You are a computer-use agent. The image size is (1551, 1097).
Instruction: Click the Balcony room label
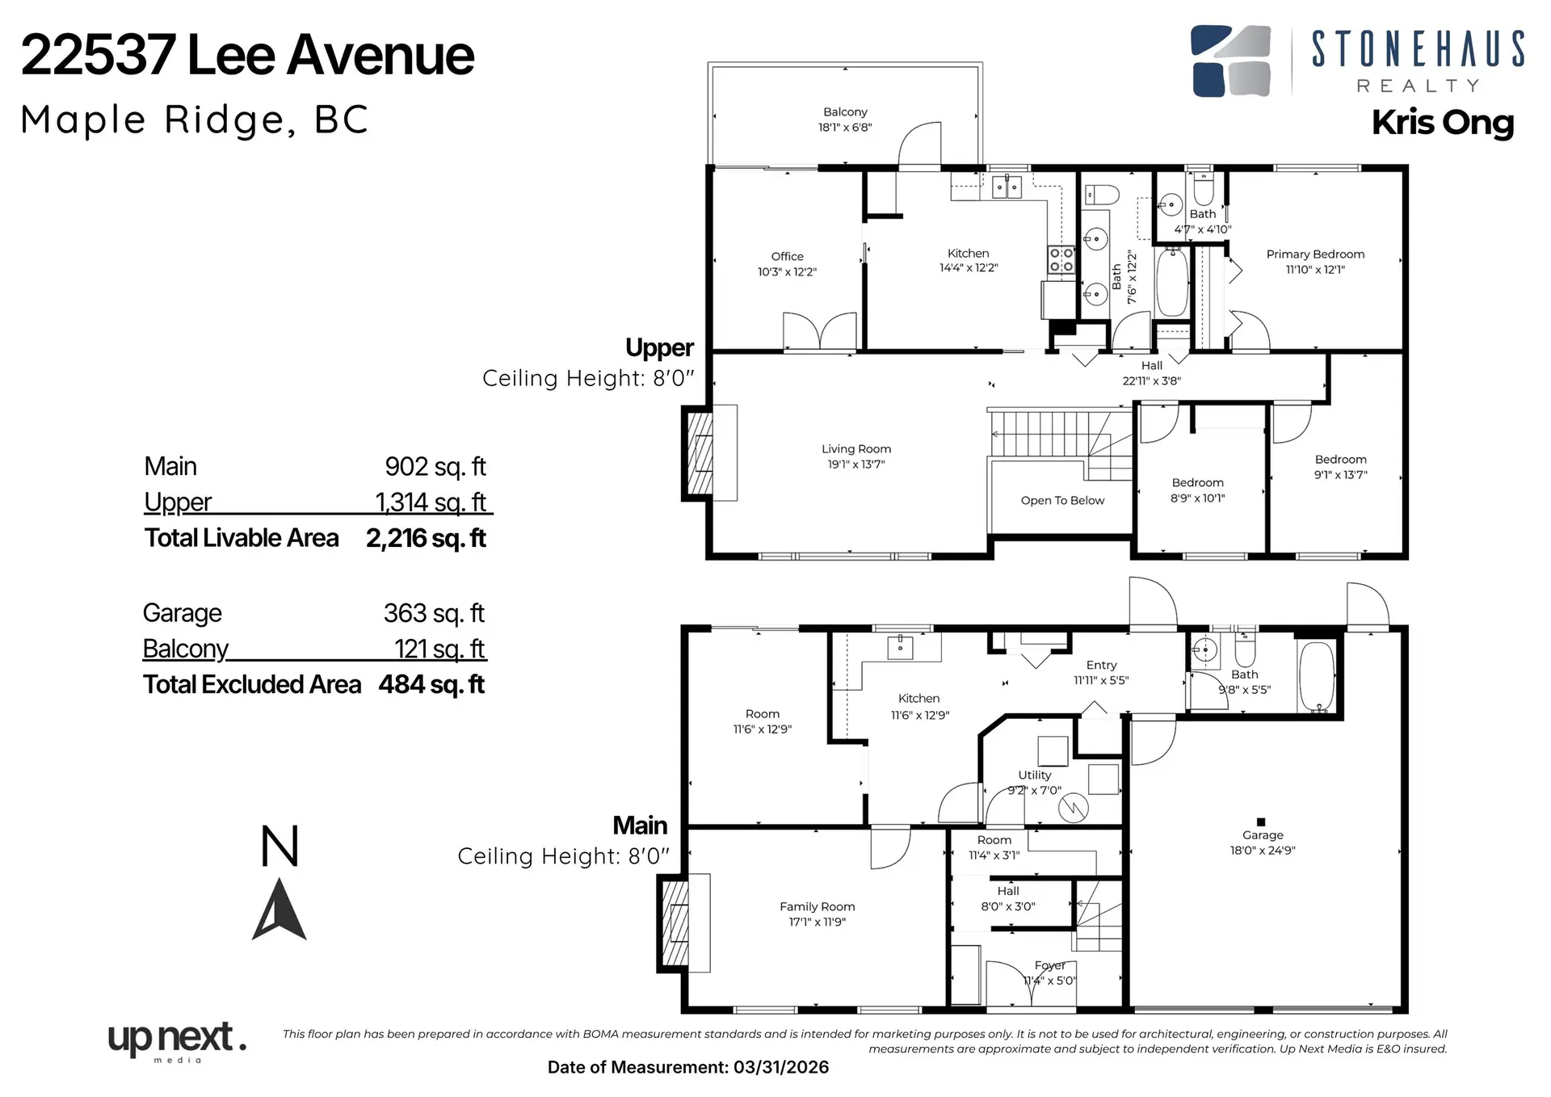(x=845, y=112)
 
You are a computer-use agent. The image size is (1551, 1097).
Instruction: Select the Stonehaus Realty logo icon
(x=1230, y=61)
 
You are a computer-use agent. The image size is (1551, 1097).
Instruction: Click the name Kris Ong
(x=1442, y=123)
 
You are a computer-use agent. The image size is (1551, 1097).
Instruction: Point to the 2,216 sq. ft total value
(x=426, y=539)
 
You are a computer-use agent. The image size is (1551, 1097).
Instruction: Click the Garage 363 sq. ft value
(x=434, y=614)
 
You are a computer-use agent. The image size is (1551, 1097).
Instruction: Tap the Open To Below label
(x=1061, y=501)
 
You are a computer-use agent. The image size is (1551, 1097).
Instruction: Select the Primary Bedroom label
(x=1314, y=254)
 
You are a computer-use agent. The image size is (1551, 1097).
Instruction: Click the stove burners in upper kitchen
(x=1061, y=260)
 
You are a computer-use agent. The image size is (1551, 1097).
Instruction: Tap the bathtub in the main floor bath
(x=1317, y=677)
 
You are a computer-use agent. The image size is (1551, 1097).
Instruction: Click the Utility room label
(x=1034, y=775)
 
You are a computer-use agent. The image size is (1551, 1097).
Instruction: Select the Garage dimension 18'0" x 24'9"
(x=1262, y=851)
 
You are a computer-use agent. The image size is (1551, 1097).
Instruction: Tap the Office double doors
(x=819, y=332)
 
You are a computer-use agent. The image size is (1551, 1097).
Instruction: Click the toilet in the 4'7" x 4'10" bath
(x=1203, y=189)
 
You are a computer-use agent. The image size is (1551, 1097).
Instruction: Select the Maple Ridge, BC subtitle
(x=195, y=120)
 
